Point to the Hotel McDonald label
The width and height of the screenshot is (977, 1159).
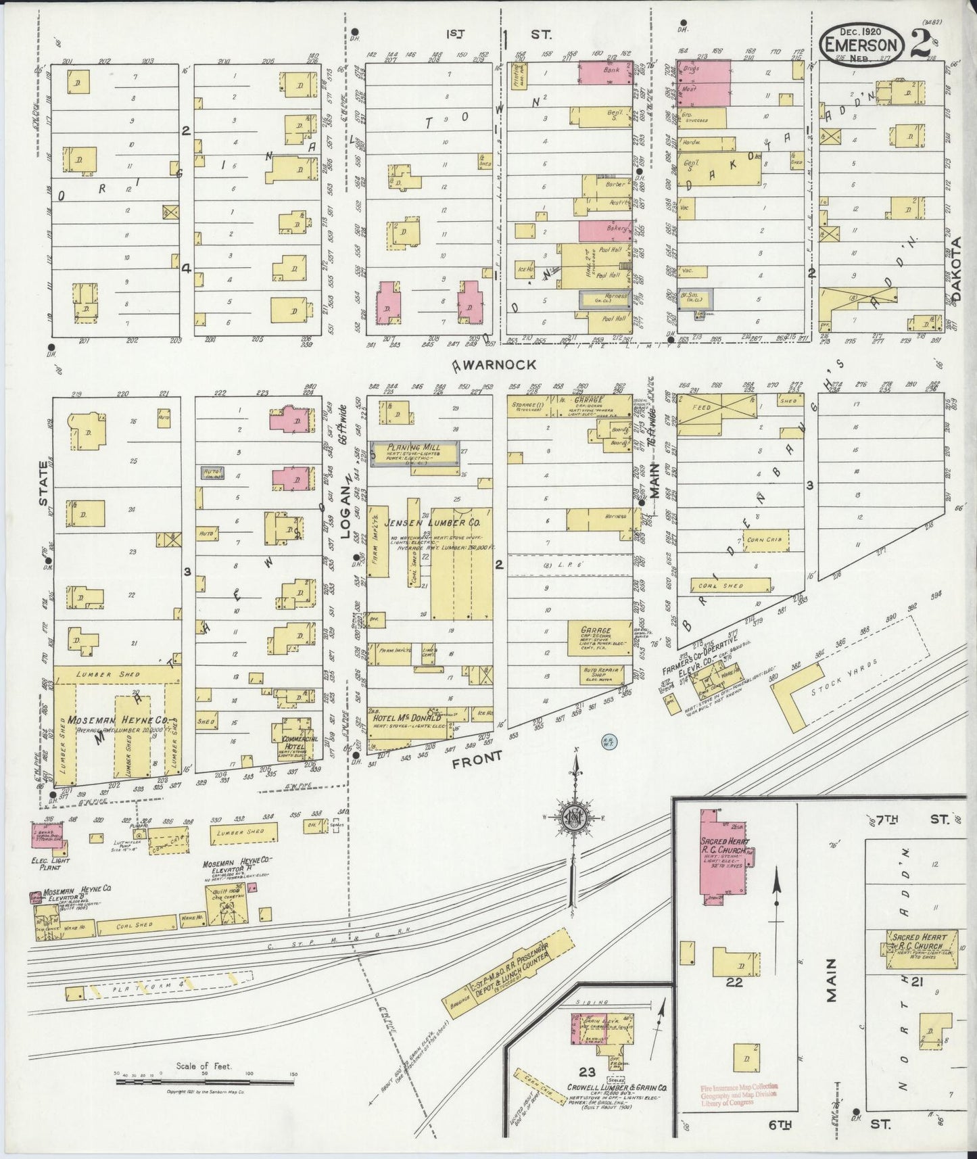(404, 719)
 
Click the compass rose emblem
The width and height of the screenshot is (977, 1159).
(575, 816)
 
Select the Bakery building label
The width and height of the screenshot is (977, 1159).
(616, 229)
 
